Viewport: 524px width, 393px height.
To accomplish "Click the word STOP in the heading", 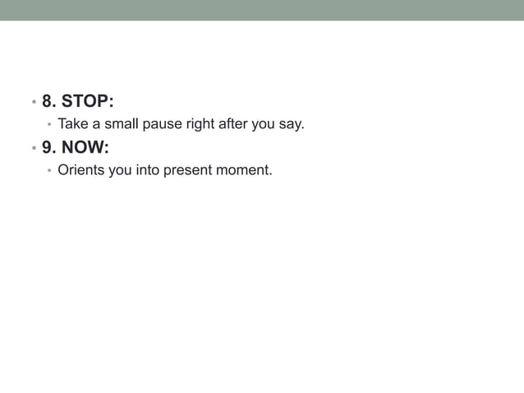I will click(88, 101).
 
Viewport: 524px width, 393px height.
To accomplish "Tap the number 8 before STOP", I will click(48, 101).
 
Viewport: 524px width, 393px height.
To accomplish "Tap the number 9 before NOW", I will click(48, 149).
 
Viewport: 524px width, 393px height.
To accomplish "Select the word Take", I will click(72, 125).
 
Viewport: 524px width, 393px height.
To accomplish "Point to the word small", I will click(121, 125).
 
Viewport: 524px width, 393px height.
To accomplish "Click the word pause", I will click(163, 125).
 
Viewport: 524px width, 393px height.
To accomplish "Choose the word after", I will click(234, 125).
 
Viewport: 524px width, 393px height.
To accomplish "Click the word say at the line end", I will click(292, 125).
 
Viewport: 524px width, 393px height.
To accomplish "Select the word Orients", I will click(80, 171).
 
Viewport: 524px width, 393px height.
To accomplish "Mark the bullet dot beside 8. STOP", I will click(33, 103).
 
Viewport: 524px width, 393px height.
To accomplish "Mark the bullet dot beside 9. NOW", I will click(33, 150).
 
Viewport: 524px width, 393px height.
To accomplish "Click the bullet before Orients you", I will click(49, 172).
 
